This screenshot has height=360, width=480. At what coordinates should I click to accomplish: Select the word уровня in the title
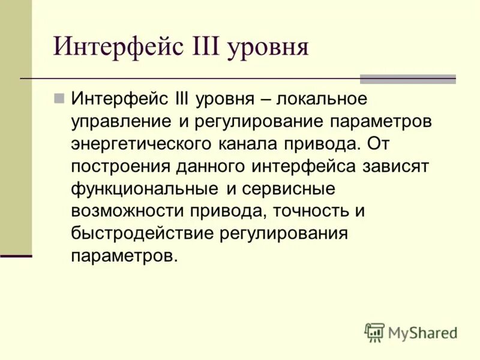point(266,47)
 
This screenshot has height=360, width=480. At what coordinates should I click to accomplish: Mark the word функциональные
point(144,188)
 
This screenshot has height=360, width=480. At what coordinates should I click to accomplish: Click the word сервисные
point(289,188)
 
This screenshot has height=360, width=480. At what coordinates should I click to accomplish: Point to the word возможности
point(128,211)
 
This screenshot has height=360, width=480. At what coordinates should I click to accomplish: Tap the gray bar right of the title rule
point(407,79)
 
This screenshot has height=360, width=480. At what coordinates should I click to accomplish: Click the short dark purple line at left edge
point(16,256)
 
